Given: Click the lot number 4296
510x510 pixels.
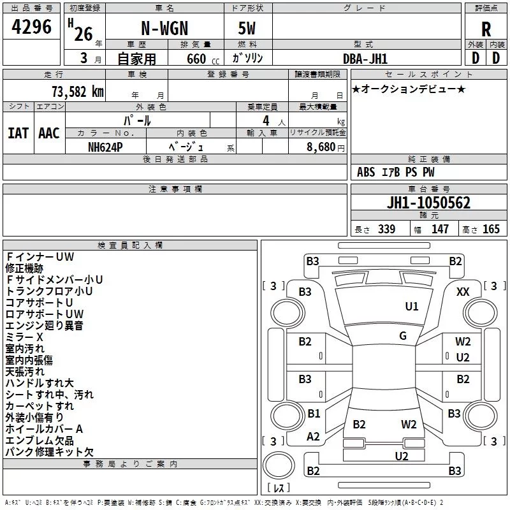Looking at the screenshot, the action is point(31,27).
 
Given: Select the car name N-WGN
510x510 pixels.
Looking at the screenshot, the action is point(164,28).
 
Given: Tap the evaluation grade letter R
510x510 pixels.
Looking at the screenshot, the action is point(486,29).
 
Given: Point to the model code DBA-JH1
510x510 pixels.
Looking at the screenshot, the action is point(365,59).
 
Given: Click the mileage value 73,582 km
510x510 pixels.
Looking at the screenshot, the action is point(78,92).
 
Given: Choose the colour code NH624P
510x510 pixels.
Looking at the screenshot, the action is point(105,147).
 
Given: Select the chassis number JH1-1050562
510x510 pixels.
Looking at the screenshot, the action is point(428,203).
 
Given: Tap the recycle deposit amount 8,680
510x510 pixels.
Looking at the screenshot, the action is point(321,147).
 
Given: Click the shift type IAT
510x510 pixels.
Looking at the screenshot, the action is point(18,133).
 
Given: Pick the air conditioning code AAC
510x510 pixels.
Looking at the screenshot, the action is point(49,133).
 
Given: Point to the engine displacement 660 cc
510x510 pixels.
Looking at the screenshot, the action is point(203,59).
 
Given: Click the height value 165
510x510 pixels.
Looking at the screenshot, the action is point(491,229).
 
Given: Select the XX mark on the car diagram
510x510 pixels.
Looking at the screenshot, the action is point(463,292).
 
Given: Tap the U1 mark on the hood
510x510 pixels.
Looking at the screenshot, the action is point(412,307).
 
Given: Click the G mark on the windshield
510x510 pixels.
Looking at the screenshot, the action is point(403,336).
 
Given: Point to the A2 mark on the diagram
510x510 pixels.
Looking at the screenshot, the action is point(313,437).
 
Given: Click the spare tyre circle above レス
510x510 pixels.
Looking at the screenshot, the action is point(279,465).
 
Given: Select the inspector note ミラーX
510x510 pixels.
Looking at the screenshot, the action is point(24,337).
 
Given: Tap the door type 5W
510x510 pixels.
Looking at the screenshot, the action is point(247,28).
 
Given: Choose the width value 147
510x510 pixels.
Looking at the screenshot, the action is point(440,229).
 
